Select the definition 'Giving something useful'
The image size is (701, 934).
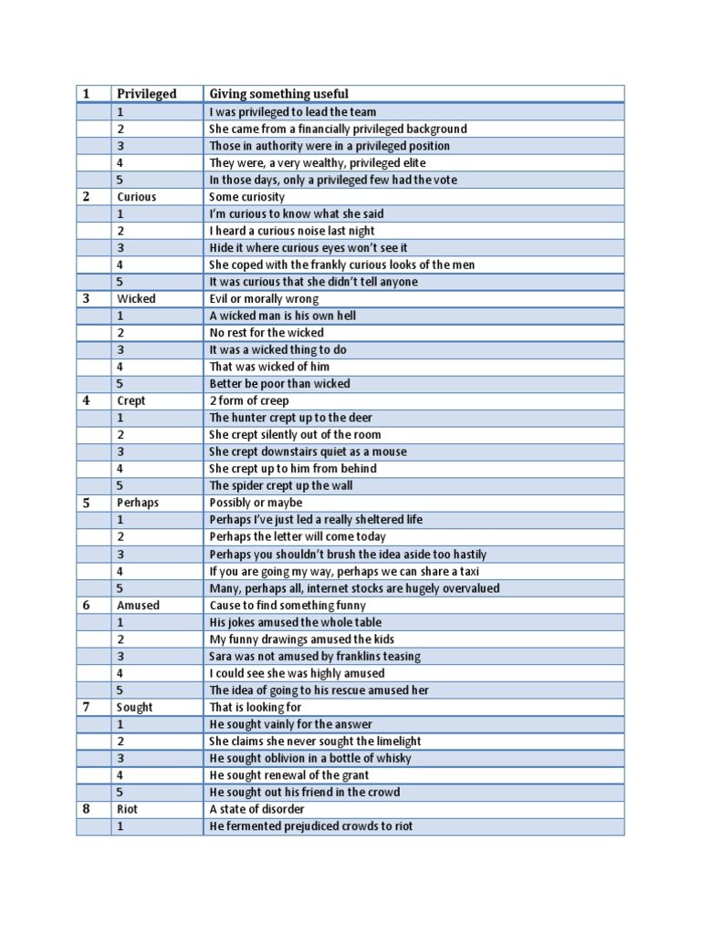(278, 94)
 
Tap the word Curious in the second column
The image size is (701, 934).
(137, 197)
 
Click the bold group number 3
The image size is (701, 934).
(87, 299)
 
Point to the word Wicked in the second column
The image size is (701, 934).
(136, 299)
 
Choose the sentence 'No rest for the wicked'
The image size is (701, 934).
(267, 333)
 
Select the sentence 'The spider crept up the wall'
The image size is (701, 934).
(281, 486)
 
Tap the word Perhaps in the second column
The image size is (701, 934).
(138, 503)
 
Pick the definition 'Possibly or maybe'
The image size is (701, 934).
(256, 503)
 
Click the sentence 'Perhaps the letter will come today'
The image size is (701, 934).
(298, 537)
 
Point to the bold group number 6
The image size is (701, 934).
(87, 605)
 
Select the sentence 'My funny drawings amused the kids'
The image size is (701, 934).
(302, 639)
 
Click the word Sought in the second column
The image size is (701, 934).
(135, 707)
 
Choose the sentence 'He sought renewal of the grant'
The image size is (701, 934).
(289, 775)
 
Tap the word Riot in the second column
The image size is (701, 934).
(127, 809)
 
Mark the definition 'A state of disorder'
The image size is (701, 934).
(257, 809)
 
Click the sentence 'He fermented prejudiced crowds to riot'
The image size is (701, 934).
(311, 826)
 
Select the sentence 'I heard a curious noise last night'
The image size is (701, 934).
(292, 231)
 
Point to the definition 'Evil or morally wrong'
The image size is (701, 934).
(264, 299)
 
